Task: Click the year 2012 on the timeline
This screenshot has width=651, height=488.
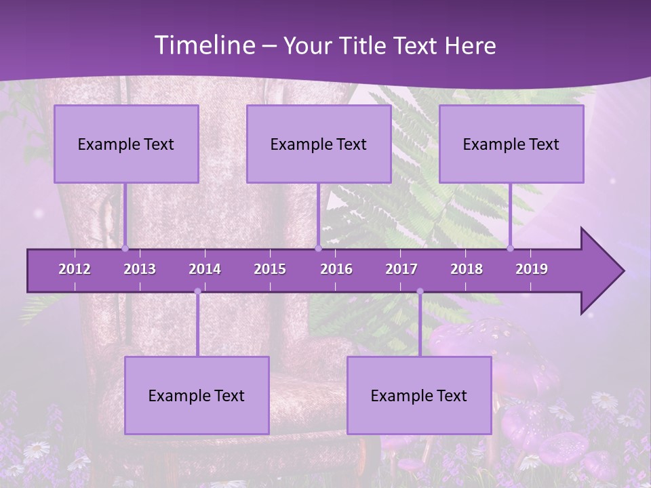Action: [x=75, y=269]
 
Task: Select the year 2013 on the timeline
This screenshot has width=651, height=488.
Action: [x=140, y=269]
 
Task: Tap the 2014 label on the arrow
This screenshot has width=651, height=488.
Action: [x=205, y=269]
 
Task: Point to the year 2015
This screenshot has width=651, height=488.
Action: [x=270, y=269]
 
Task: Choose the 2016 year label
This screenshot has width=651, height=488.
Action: [x=336, y=269]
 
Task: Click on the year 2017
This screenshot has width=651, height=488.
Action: [x=401, y=269]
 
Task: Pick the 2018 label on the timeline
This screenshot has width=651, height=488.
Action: [x=467, y=269]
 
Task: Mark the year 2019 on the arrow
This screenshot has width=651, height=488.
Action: [x=532, y=269]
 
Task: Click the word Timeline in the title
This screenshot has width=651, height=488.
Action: [x=203, y=45]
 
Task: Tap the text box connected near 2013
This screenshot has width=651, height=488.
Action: [x=126, y=144]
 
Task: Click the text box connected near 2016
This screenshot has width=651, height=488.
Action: [x=319, y=144]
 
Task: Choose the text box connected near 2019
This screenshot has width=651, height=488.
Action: [x=511, y=144]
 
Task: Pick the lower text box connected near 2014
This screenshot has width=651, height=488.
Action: [x=197, y=395]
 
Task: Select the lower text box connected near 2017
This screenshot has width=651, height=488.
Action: [x=419, y=395]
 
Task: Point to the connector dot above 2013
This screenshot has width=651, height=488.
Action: [x=125, y=248]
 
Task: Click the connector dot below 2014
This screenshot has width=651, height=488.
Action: [x=197, y=291]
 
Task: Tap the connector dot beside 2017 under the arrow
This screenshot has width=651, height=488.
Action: [x=420, y=291]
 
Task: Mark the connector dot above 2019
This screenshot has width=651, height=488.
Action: [x=510, y=248]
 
